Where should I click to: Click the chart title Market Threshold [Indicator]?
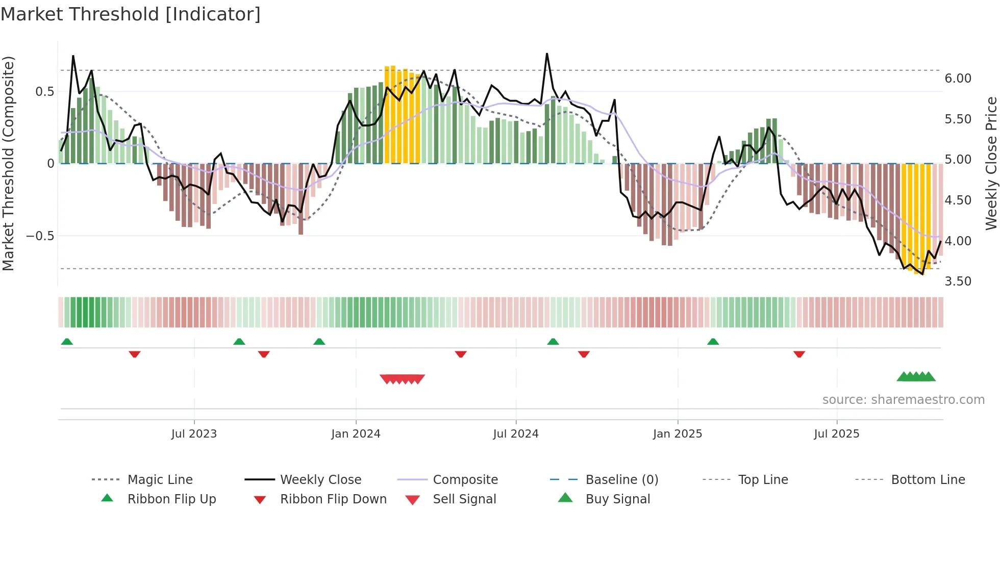click(131, 14)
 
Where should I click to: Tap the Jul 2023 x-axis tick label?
click(194, 434)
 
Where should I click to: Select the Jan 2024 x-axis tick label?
click(356, 434)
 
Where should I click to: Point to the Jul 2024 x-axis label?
click(516, 434)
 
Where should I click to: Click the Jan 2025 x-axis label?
click(678, 434)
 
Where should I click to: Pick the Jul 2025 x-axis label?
click(837, 434)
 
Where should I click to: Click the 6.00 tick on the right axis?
click(958, 79)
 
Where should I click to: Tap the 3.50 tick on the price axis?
click(958, 282)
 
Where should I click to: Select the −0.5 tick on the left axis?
click(40, 236)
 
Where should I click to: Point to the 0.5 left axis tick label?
click(44, 92)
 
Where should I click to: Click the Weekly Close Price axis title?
click(991, 163)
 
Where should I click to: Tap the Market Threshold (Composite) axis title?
click(8, 163)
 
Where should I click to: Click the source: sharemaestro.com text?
click(903, 400)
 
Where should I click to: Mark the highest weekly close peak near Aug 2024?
click(547, 54)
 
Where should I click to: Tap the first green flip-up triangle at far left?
click(67, 342)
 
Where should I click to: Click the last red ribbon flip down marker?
click(799, 354)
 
